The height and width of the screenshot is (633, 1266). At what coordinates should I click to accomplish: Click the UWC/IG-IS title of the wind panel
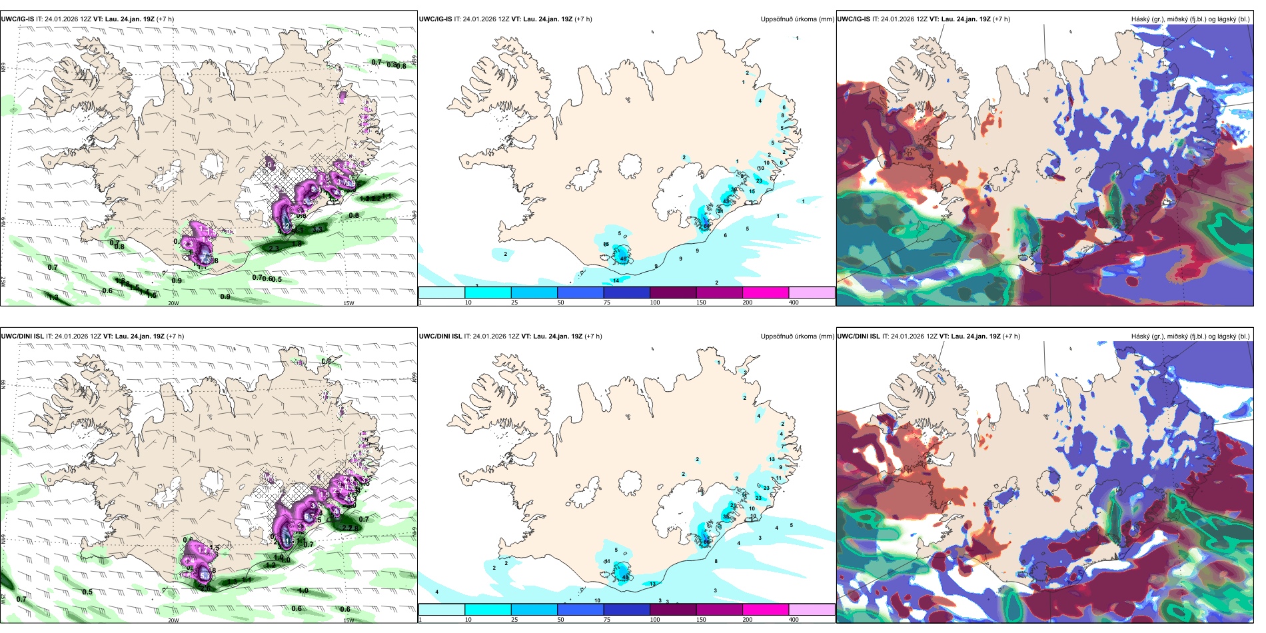click(x=18, y=19)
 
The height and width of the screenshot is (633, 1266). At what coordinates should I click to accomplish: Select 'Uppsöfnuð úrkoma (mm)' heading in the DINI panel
click(x=797, y=336)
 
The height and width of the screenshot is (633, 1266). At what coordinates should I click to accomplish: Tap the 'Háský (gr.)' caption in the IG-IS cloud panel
click(x=1148, y=19)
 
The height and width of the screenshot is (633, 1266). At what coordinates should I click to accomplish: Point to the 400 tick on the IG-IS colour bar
click(x=794, y=303)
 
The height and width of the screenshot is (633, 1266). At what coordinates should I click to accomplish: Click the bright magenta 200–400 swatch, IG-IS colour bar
click(x=765, y=293)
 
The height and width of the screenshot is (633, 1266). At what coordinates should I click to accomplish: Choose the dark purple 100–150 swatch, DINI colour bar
click(x=672, y=610)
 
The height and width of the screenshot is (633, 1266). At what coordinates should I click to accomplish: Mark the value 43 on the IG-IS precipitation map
click(x=726, y=201)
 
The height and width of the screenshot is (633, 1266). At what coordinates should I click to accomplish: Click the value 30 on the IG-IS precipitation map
click(x=734, y=190)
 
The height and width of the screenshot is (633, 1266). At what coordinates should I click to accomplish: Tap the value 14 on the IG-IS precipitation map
click(x=616, y=281)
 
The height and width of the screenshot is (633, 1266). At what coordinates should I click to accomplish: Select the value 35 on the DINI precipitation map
click(x=726, y=516)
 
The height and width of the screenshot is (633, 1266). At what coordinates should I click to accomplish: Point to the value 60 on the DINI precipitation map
click(x=707, y=542)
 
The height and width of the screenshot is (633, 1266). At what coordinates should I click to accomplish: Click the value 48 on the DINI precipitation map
click(x=625, y=578)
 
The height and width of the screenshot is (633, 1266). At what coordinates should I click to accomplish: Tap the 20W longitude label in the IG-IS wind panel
click(x=173, y=303)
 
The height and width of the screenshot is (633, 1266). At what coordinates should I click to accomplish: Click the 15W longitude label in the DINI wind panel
click(x=348, y=620)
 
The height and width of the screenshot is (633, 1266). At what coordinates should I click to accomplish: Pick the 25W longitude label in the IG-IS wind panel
click(x=3, y=282)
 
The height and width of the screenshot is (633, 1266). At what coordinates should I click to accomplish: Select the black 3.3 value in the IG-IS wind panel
click(x=318, y=229)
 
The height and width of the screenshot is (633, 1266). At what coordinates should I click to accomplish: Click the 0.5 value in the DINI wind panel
click(x=87, y=592)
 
